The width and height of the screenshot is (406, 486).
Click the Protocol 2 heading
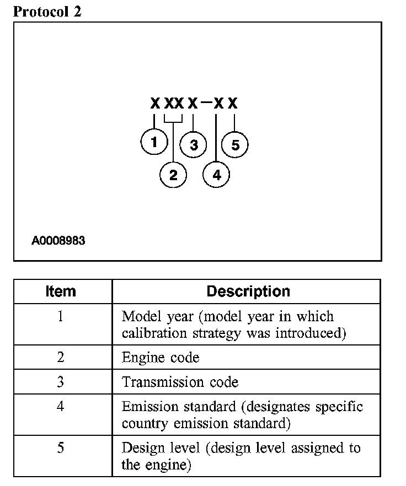[47, 12]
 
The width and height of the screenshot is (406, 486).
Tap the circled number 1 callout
[154, 142]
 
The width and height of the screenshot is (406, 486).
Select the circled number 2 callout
[173, 175]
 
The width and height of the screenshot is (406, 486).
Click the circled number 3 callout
[194, 145]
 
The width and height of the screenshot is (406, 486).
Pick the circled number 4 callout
[216, 175]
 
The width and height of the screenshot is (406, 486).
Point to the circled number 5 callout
[236, 145]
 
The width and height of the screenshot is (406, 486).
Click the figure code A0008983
[58, 241]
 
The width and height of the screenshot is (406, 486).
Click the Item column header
[61, 291]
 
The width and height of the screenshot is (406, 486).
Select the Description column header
[248, 291]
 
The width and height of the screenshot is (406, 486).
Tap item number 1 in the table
[61, 317]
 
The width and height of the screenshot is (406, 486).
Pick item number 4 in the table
[61, 407]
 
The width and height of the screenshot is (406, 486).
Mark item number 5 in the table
[61, 447]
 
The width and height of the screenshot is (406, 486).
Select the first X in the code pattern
[155, 103]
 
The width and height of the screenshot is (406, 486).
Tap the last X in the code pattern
[233, 103]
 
